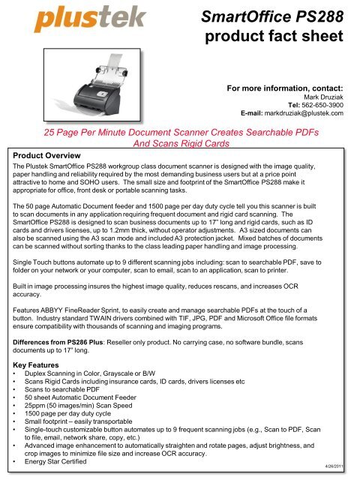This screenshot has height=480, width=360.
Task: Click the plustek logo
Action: pos(71,22)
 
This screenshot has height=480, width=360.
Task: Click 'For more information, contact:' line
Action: pos(285,88)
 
